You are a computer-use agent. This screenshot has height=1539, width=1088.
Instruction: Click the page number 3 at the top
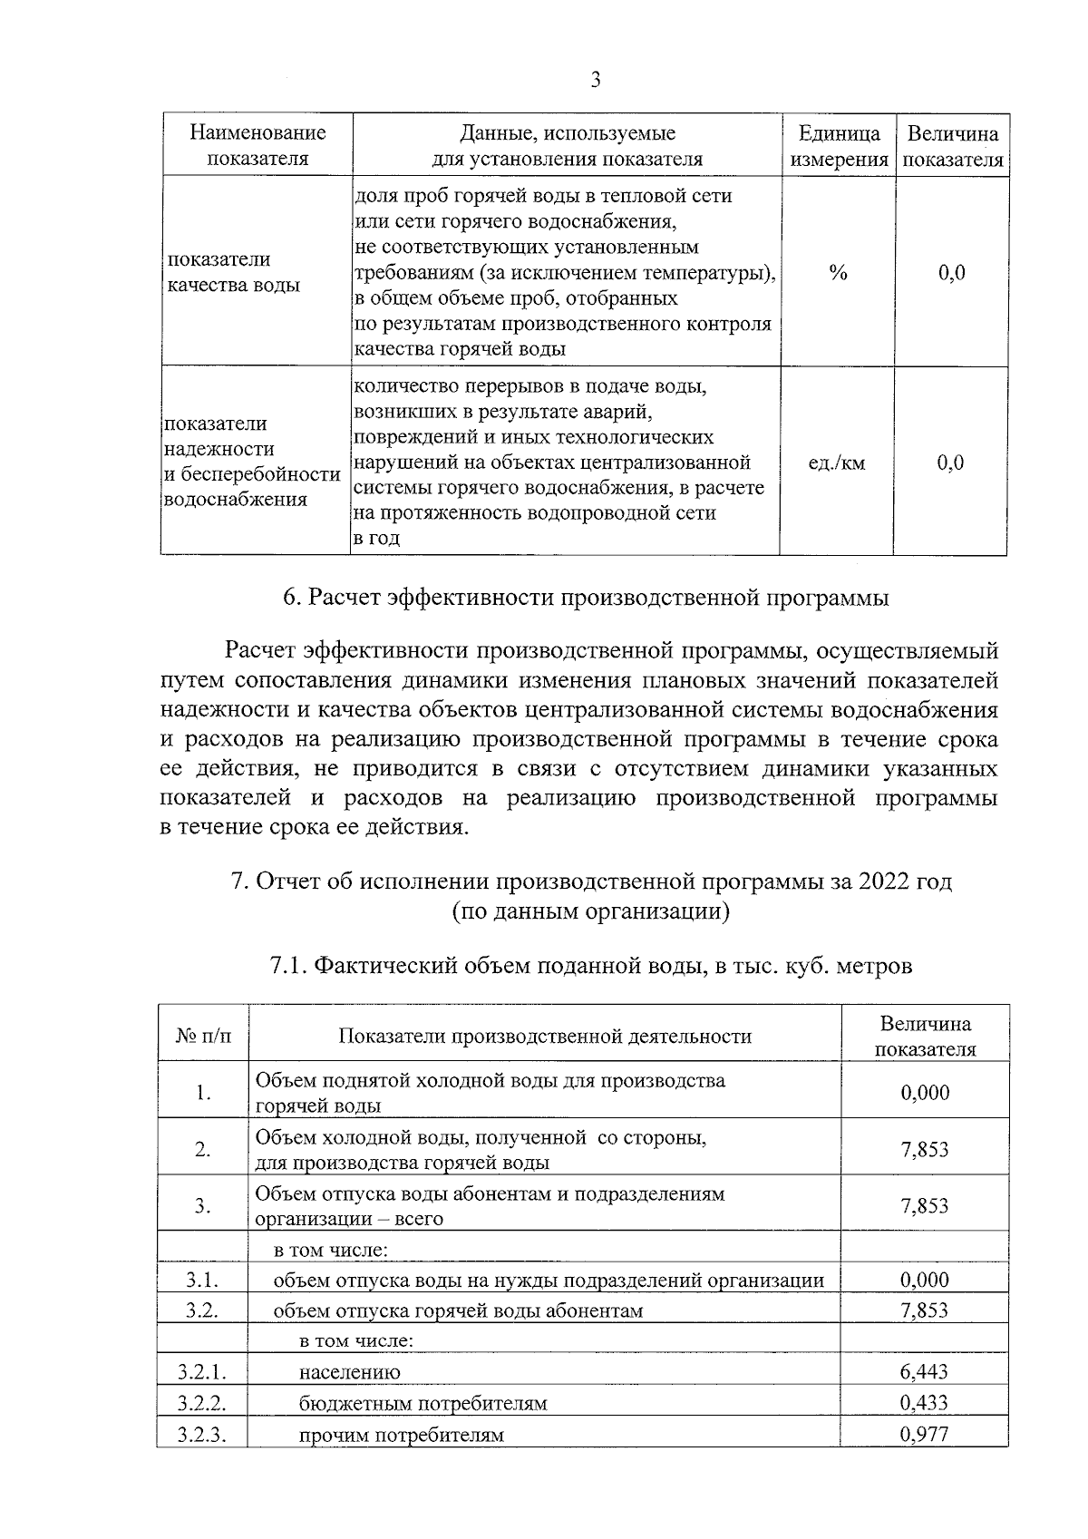point(595,80)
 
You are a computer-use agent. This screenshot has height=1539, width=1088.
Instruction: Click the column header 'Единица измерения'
point(839,146)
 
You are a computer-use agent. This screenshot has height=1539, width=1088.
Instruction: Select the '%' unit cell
point(838,273)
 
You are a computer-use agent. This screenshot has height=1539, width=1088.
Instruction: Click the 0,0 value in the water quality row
point(951,273)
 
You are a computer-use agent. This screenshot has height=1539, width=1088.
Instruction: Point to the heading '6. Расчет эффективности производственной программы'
point(585,599)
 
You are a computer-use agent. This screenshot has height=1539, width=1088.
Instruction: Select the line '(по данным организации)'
point(591,911)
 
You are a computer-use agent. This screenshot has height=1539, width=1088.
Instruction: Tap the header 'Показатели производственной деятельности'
point(545,1036)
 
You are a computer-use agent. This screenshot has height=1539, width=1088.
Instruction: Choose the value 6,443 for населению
point(924,1371)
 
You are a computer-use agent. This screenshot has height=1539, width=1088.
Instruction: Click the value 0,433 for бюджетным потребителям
point(924,1403)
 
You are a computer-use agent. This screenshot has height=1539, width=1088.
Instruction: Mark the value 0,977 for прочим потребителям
point(924,1434)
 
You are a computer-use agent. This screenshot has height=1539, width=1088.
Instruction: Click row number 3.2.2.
point(202,1403)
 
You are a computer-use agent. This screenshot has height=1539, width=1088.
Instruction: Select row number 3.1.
point(202,1280)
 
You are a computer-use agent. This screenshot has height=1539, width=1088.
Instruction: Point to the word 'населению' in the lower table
point(349,1372)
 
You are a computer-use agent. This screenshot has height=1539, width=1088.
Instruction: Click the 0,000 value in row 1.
point(925,1092)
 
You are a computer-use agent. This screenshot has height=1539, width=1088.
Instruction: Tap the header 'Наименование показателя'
point(257,146)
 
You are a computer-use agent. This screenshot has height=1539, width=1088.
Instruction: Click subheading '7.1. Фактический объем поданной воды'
point(590,966)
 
